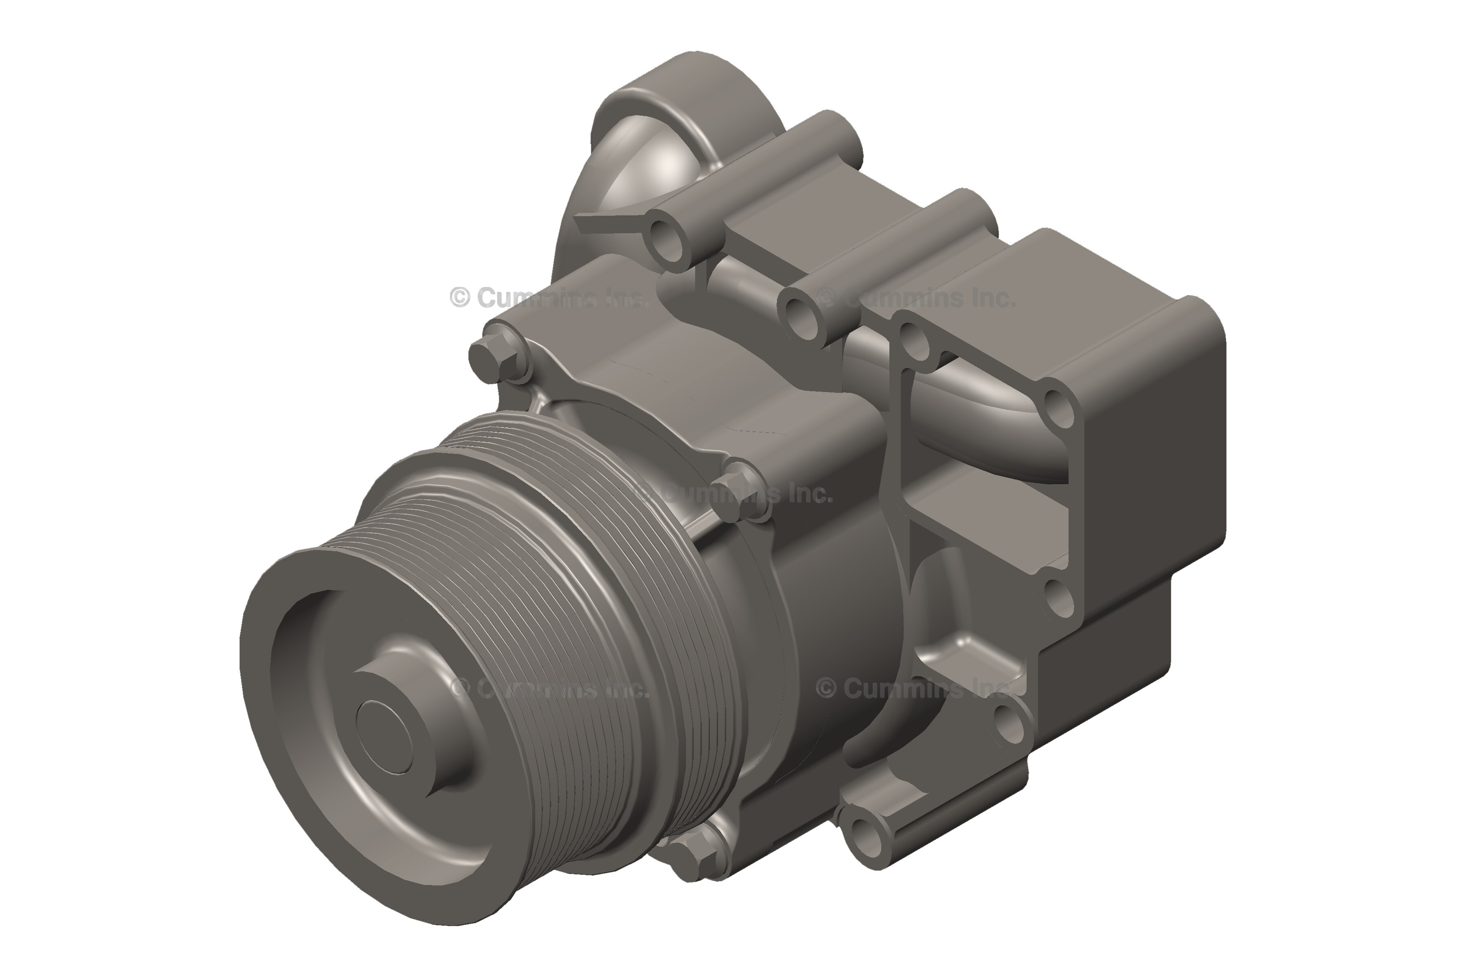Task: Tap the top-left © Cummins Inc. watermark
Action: [x=549, y=298]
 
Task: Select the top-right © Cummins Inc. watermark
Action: [x=916, y=298]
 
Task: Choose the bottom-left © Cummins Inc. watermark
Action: [x=549, y=688]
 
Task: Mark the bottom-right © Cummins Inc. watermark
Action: [x=916, y=688]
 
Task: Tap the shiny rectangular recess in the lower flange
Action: [x=972, y=648]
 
